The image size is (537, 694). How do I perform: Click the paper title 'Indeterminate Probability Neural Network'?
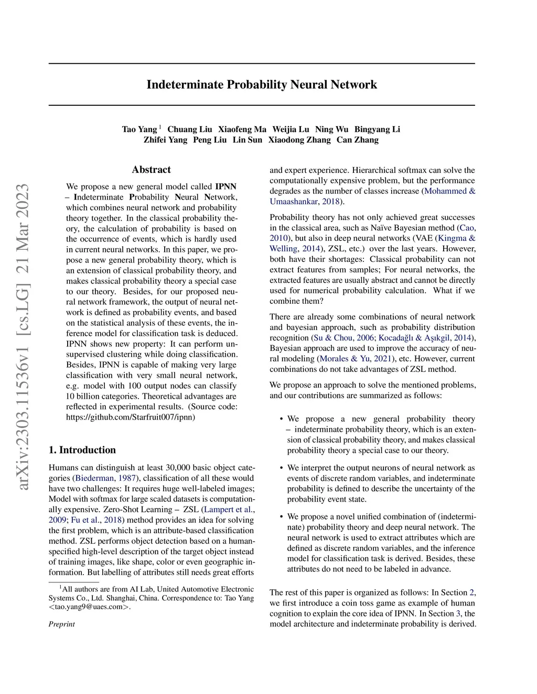tap(262, 85)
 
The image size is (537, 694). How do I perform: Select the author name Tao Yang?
tap(139, 129)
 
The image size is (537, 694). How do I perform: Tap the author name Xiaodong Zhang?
tap(299, 140)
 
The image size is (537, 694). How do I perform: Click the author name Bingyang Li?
tap(377, 129)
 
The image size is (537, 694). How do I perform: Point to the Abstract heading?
tap(151, 170)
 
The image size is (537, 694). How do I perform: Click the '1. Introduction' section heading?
tap(82, 450)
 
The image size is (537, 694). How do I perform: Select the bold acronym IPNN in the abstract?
tap(225, 186)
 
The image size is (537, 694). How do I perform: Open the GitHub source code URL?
tap(131, 417)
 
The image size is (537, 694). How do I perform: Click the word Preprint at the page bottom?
tap(62, 624)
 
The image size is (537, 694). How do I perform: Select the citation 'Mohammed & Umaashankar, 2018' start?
tap(449, 191)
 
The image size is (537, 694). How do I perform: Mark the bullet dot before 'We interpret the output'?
tap(282, 468)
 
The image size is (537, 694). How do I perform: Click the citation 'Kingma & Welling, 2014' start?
tap(456, 238)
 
